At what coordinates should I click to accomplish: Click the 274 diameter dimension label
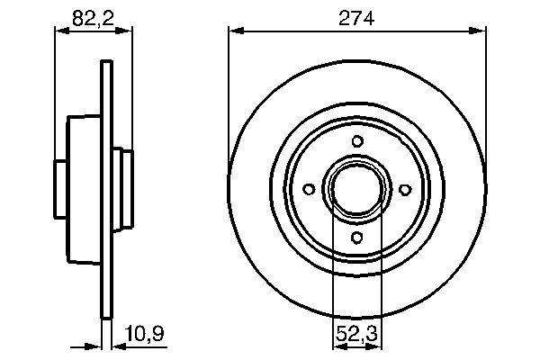pos(355,17)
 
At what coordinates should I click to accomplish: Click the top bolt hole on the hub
pos(357,140)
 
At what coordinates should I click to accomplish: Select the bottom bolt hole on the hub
pos(357,238)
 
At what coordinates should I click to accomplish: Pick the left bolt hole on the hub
pos(309,189)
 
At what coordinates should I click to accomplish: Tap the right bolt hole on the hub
pos(405,189)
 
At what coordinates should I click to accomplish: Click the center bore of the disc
pos(357,189)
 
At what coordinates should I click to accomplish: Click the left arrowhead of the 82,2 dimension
pos(61,31)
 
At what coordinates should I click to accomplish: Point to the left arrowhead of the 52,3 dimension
pos(338,345)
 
